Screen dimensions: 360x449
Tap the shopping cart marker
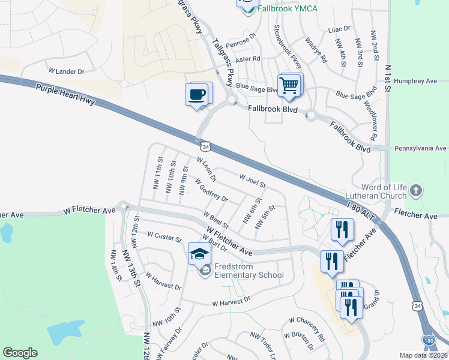click(x=289, y=86)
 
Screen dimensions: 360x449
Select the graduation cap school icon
click(x=199, y=255)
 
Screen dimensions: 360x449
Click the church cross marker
click(x=415, y=191)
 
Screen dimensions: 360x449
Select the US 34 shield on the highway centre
click(x=206, y=146)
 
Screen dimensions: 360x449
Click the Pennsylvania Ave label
click(x=420, y=148)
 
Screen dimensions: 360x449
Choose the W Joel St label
click(x=252, y=180)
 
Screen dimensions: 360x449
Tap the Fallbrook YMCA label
click(x=287, y=9)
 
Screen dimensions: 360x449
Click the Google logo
click(x=20, y=353)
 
